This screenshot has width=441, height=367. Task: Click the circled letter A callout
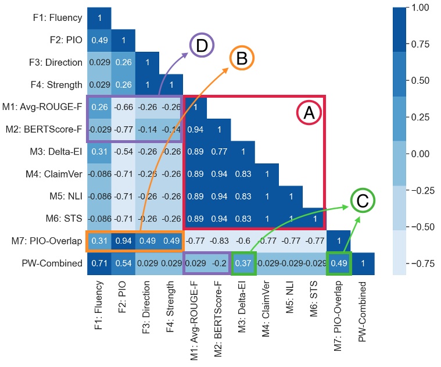308,113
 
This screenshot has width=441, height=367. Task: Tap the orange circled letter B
242,58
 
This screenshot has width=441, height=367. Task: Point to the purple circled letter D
202,46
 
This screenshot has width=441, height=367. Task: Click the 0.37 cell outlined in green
243,263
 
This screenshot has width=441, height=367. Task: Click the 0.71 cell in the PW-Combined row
99,263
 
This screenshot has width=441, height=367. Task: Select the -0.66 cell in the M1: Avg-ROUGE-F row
123,107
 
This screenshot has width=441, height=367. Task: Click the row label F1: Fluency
57,18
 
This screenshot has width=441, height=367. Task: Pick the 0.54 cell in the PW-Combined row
123,263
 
